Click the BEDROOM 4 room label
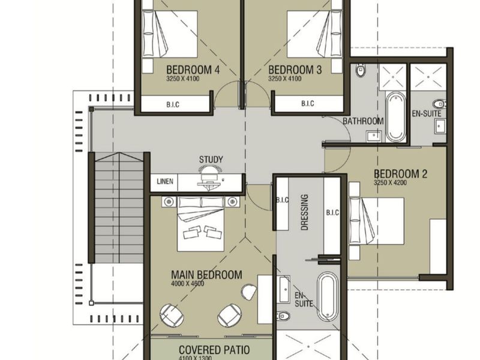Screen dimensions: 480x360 pos(193,70)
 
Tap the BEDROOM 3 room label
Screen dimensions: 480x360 pos(295,70)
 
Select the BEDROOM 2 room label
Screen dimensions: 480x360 pos(400,174)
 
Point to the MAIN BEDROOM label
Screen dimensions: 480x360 pos(206,275)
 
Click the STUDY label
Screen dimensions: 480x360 pos(211,160)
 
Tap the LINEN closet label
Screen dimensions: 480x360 pos(165,181)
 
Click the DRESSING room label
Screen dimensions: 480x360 pos(305,212)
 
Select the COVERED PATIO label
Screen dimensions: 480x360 pos(214,350)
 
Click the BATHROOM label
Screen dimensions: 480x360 pos(363,121)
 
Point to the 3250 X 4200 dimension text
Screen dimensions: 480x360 pos(391,183)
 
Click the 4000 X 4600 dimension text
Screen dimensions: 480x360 pos(188,283)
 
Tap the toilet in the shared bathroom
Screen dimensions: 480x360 pos(361,71)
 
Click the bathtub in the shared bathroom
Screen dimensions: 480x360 pos(395,117)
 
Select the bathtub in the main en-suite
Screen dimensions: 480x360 pos(328,296)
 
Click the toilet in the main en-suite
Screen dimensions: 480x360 pos(283,316)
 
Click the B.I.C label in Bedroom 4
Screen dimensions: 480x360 pos(173,104)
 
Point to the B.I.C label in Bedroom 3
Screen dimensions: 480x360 pos(308,103)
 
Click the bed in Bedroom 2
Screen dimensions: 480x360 pos(377,221)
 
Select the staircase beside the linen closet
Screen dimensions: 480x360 pos(119,208)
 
